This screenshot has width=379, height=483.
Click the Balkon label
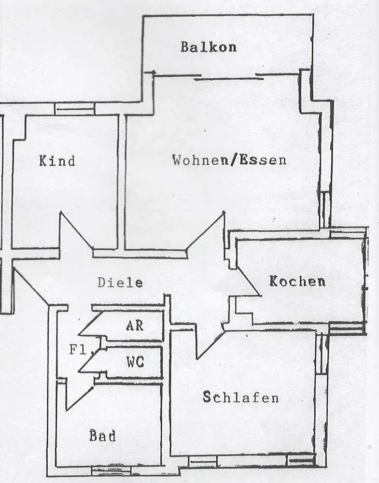tap(209, 47)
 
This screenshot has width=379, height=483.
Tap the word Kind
tap(57, 161)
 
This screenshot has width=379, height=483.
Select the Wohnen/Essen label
tap(229, 160)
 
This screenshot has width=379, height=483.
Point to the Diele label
tap(120, 283)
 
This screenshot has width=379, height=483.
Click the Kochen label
tap(297, 281)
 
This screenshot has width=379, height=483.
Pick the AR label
tap(135, 325)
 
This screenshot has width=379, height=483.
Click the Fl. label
tap(78, 349)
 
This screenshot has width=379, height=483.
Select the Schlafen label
tap(241, 398)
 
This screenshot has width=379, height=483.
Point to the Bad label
tap(102, 436)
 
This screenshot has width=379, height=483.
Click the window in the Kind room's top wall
tap(74, 109)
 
